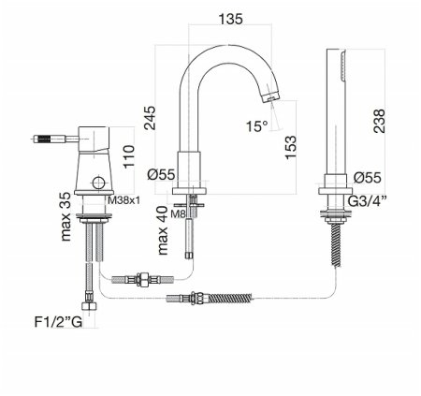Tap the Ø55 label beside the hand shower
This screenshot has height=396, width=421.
pos(368,176)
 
